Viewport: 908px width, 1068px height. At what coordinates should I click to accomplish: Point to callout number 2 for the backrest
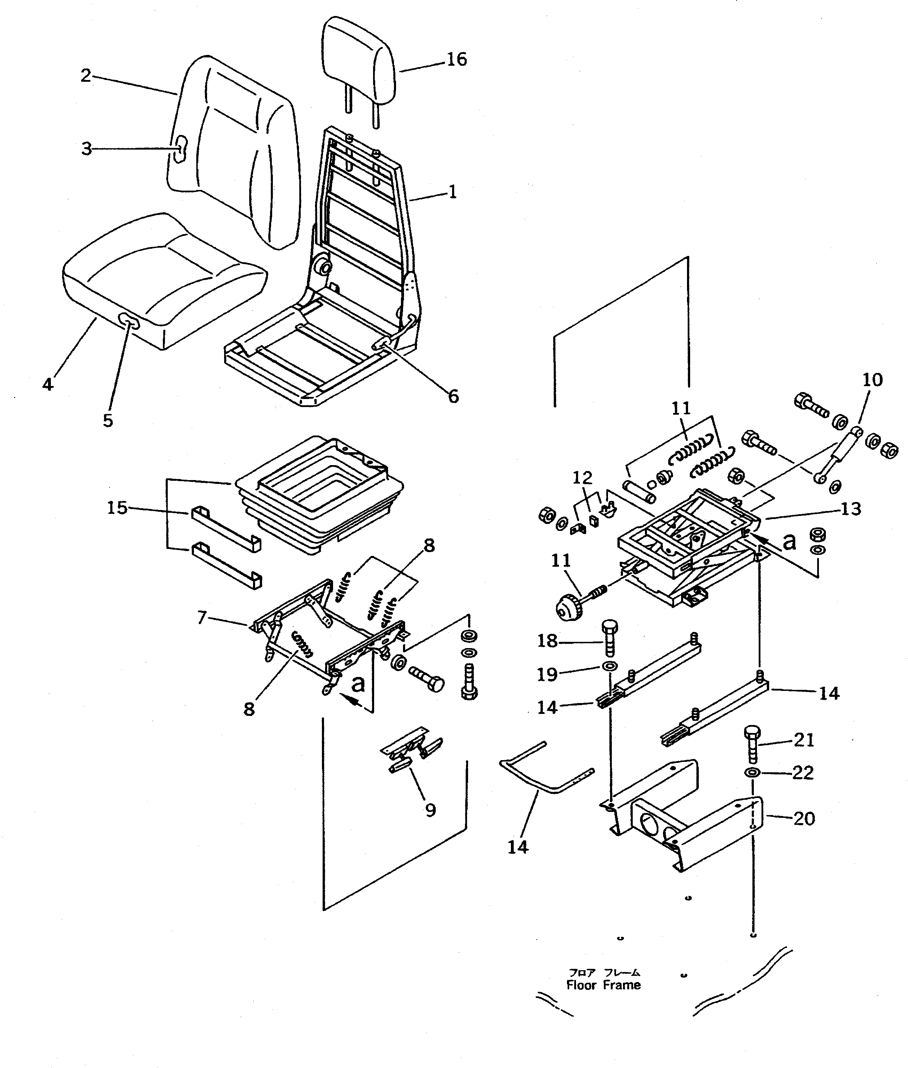pyautogui.click(x=86, y=75)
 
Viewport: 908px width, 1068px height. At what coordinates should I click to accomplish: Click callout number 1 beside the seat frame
pyautogui.click(x=452, y=192)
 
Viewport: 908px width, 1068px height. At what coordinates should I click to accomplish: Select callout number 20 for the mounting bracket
pyautogui.click(x=804, y=818)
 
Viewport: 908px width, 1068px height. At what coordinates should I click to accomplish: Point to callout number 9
pyautogui.click(x=430, y=810)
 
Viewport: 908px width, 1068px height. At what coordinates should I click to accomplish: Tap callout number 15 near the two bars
pyautogui.click(x=117, y=508)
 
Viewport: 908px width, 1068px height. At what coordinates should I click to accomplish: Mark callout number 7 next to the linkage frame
pyautogui.click(x=202, y=617)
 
